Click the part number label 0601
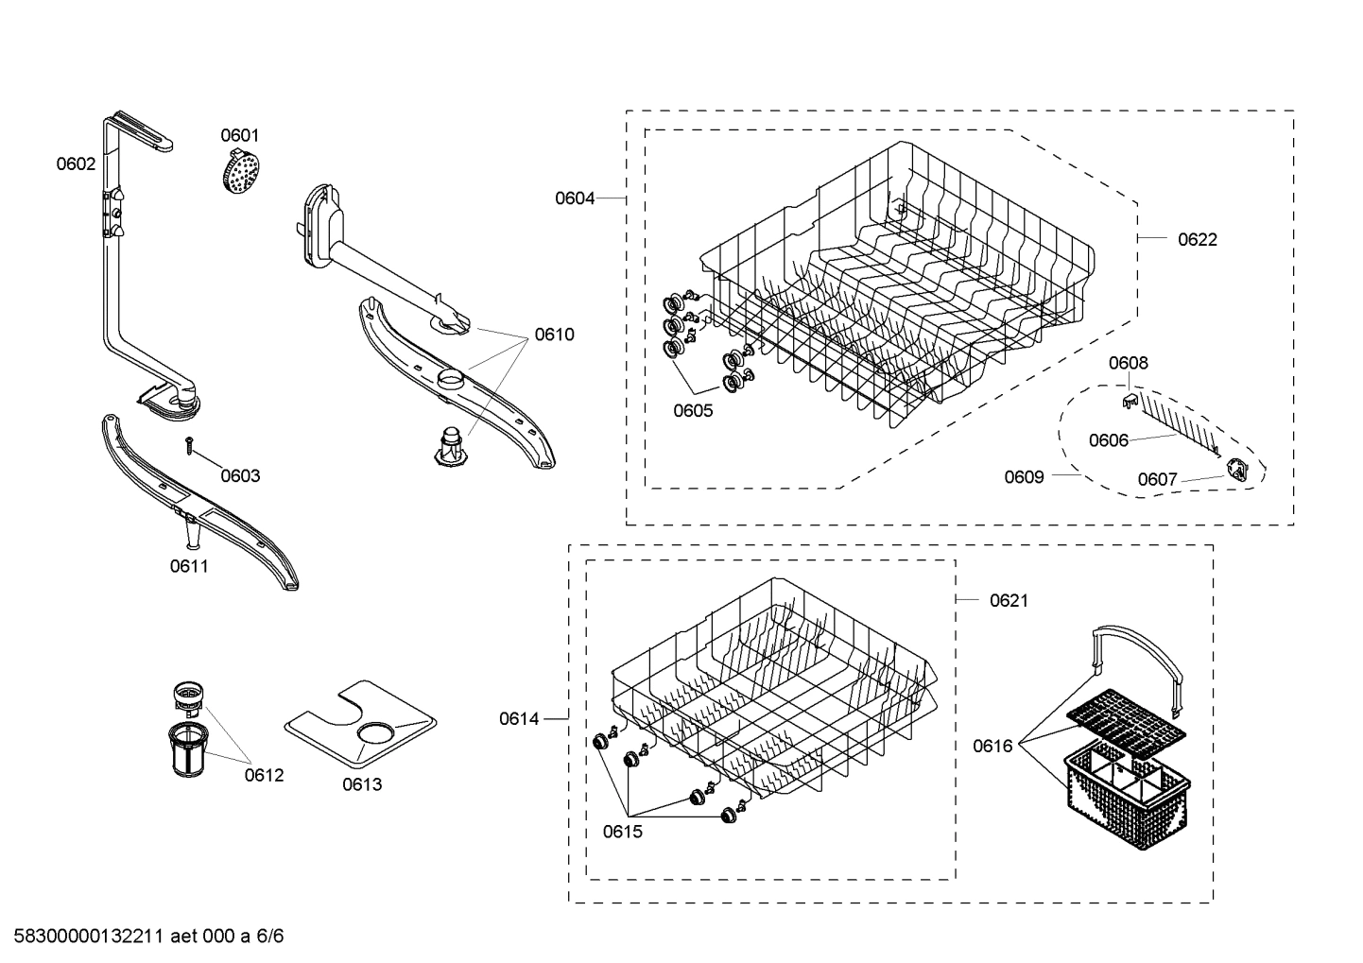coord(240,135)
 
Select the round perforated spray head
coord(238,173)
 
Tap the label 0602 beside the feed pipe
coord(76,163)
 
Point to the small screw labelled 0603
coord(190,444)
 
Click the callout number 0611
coord(189,566)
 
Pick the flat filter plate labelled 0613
coord(361,723)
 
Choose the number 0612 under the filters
coord(264,775)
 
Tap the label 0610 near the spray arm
coord(554,334)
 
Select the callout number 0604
coord(575,198)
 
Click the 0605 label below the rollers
coord(693,410)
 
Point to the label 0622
coord(1198,239)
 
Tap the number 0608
coord(1129,363)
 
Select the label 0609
coord(1024,476)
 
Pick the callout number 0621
coord(1009,600)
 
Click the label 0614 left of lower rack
coord(519,719)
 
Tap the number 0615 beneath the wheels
coord(622,832)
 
